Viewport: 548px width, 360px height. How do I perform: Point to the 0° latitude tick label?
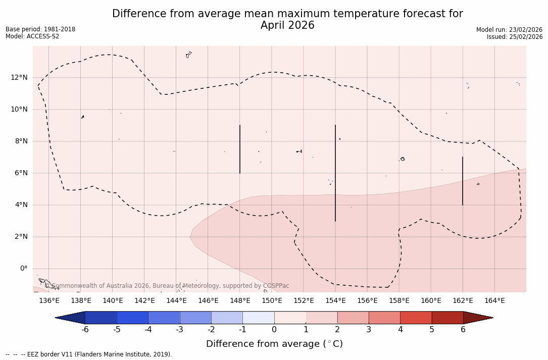point(23,268)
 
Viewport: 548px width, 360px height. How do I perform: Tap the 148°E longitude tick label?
point(240,300)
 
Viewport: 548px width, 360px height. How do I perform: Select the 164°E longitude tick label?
point(494,300)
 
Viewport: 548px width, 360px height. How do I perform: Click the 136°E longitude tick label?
point(49,300)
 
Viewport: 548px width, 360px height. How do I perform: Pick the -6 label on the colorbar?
point(85,330)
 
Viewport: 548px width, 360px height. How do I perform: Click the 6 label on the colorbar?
point(463,330)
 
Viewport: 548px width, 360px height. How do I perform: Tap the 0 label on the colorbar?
point(274,330)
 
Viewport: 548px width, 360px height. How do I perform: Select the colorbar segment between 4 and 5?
point(416,318)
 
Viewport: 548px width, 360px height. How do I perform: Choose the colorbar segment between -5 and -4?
point(132,318)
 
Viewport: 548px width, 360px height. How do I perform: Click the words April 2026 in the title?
point(287,25)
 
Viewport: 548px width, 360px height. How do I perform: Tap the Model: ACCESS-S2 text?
point(32,36)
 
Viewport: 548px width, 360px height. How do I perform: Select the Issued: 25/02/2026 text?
point(515,37)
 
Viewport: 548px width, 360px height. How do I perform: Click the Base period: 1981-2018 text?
point(40,29)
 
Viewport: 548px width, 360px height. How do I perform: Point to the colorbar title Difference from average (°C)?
point(274,344)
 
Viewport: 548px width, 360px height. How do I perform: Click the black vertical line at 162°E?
point(463,181)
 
